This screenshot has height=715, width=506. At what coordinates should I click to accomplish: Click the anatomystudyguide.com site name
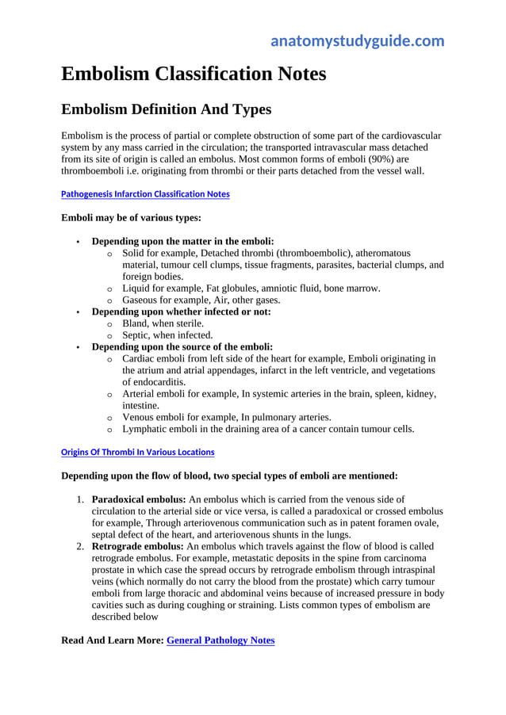357,41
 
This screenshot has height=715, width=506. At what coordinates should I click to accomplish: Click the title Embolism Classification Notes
194,74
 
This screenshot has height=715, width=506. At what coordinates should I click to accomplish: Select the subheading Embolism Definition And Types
167,109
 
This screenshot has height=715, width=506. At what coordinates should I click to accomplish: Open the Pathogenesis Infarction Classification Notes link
145,193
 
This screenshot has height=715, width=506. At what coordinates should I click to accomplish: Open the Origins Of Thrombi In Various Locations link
137,452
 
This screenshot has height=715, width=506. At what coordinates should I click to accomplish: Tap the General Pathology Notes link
220,640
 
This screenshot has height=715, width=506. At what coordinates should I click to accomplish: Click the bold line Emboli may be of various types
131,217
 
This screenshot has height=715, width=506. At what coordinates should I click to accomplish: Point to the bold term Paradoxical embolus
139,499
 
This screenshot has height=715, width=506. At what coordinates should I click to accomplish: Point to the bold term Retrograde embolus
137,546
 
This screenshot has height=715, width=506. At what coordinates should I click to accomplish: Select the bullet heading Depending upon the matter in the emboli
183,241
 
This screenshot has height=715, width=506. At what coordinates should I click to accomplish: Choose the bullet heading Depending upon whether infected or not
181,312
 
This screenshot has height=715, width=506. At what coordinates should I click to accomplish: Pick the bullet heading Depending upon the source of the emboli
182,346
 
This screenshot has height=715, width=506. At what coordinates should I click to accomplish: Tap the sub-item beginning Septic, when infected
167,335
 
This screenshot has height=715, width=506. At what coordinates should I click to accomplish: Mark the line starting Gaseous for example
201,300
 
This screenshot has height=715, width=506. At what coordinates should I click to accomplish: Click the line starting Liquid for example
251,288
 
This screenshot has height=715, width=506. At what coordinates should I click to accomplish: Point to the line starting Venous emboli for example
226,417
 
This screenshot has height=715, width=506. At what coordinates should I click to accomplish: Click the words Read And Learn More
112,640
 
